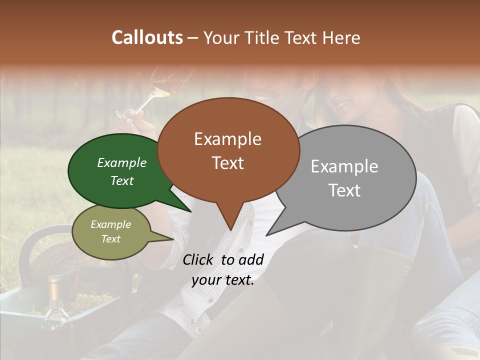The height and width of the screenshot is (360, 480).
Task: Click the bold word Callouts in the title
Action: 147,37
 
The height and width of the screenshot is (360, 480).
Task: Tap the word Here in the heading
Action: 342,37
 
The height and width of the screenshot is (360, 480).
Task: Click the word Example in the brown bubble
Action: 227,139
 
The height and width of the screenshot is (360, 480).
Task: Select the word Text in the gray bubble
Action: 344,190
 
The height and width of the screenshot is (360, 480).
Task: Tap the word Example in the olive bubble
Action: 110,224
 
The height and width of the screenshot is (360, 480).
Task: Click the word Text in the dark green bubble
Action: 122,181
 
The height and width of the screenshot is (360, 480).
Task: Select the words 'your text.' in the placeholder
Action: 222,280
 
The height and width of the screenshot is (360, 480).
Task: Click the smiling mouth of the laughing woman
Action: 344,104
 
